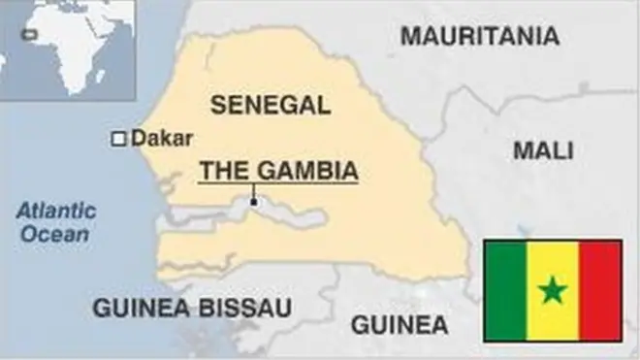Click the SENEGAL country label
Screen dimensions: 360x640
(x=270, y=105)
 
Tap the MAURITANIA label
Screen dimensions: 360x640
(x=480, y=37)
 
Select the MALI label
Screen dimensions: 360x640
(x=543, y=150)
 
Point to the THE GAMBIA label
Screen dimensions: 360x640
(x=278, y=171)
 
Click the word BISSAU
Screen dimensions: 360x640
(x=245, y=309)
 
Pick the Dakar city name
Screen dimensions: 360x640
(x=162, y=138)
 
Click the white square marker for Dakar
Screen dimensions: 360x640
(x=118, y=139)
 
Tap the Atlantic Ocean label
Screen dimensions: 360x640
(x=56, y=222)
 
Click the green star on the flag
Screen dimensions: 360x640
(x=553, y=289)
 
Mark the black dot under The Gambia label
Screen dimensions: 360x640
(x=253, y=202)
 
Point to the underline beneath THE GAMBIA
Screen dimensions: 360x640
(x=278, y=182)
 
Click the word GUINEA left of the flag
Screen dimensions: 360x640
(x=400, y=324)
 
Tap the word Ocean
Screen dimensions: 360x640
(x=56, y=234)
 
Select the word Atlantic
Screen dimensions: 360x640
(x=56, y=211)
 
